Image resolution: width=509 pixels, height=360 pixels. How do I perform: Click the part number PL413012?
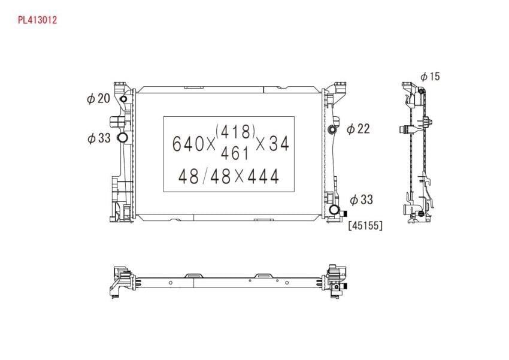37,20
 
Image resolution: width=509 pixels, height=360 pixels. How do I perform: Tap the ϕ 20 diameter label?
99,98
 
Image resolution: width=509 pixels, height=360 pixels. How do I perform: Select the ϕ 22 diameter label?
358,129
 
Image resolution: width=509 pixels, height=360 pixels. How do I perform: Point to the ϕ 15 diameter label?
430,77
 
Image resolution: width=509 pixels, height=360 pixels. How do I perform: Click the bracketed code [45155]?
365,225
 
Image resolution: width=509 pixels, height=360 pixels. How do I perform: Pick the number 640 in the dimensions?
188,144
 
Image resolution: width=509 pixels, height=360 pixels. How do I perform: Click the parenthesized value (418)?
235,132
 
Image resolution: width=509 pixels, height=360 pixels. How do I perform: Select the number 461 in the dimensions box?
235,153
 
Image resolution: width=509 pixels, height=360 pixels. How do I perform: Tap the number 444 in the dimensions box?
263,177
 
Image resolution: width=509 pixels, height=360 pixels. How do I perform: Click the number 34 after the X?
279,143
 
